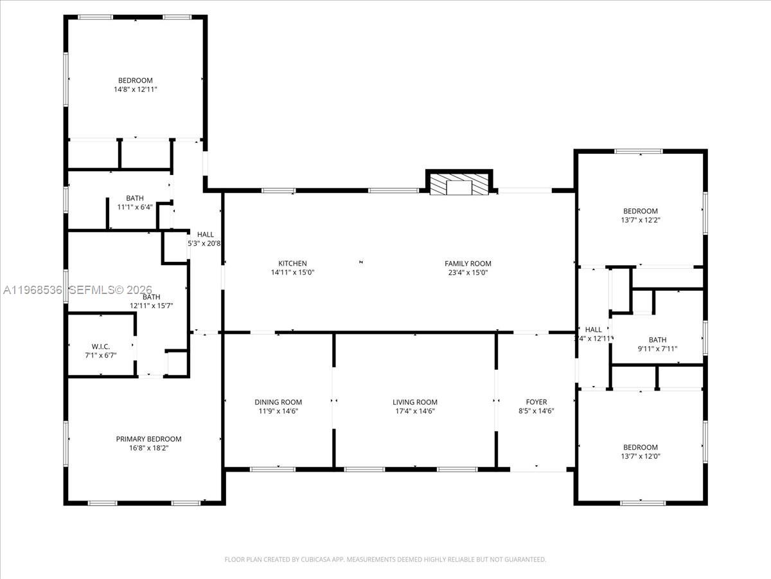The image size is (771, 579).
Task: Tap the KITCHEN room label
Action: [x=292, y=263]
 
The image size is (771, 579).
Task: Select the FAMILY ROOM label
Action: [x=468, y=263]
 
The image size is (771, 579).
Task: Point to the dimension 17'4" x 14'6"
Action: [x=414, y=411]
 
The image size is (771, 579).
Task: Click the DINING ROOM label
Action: [x=278, y=402]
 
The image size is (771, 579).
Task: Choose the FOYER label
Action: [x=536, y=402]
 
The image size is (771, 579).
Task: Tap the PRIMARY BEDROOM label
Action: [x=148, y=439]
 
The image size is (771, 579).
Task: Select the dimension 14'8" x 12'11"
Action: [x=136, y=89]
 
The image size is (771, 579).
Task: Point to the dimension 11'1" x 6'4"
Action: [x=135, y=207]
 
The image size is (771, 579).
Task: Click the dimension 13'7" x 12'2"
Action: [x=641, y=220]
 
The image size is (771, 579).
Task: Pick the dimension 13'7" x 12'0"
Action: [x=641, y=456]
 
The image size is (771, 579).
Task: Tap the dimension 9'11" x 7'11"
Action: [x=657, y=349]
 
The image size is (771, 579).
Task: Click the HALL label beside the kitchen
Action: [x=206, y=234]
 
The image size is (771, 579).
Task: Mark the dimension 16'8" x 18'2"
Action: [x=148, y=448]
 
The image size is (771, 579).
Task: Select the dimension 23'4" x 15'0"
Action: [x=468, y=272]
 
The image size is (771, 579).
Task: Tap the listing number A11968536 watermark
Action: [x=32, y=290]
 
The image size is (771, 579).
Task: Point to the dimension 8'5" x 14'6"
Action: [x=536, y=411]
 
